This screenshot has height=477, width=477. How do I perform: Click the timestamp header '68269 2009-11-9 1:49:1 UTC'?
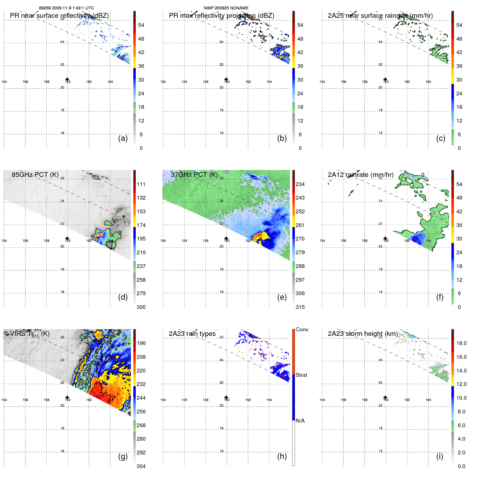66,8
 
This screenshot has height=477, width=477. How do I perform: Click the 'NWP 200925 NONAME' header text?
226,8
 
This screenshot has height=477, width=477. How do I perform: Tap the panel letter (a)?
123,138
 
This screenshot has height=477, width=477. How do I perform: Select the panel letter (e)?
282,297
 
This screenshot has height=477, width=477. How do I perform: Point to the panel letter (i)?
440,456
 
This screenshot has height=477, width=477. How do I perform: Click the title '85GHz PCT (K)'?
35,175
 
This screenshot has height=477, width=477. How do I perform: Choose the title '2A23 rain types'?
192,334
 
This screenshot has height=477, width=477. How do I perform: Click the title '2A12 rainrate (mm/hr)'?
360,175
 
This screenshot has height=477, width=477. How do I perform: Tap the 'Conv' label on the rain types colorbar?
302,329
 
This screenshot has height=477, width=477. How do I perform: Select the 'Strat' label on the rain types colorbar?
301,375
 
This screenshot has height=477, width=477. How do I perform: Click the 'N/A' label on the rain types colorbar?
300,421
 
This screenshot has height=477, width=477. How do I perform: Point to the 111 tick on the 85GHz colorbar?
141,184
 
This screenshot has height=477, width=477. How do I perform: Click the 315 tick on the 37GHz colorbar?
300,307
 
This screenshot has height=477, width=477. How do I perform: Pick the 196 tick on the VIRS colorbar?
141,343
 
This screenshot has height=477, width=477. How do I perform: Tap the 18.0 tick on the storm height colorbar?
461,343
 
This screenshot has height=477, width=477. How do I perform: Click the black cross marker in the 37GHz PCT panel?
226,238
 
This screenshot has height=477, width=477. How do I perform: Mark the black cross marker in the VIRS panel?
67,398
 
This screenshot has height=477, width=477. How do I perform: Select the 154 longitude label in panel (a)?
4,82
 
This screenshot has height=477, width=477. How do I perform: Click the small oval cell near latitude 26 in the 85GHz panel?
96,177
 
